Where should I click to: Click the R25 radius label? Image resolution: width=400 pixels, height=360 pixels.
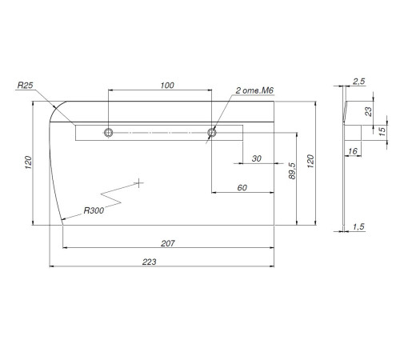tap(26, 86)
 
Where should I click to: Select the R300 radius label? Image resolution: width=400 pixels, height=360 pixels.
tap(94, 210)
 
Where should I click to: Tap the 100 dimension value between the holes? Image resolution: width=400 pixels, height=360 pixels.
tap(167, 86)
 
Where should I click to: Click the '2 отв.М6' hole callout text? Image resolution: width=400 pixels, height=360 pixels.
tap(254, 90)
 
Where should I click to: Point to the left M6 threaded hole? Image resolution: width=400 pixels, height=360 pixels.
tap(108, 133)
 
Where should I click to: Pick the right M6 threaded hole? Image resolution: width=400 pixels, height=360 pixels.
tap(212, 132)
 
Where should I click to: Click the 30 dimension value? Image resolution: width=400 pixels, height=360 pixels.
tap(256, 158)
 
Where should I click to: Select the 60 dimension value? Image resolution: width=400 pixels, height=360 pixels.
tap(242, 188)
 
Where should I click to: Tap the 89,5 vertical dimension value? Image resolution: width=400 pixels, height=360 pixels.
tap(292, 170)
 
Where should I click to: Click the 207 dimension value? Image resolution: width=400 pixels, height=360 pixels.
tap(168, 243)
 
